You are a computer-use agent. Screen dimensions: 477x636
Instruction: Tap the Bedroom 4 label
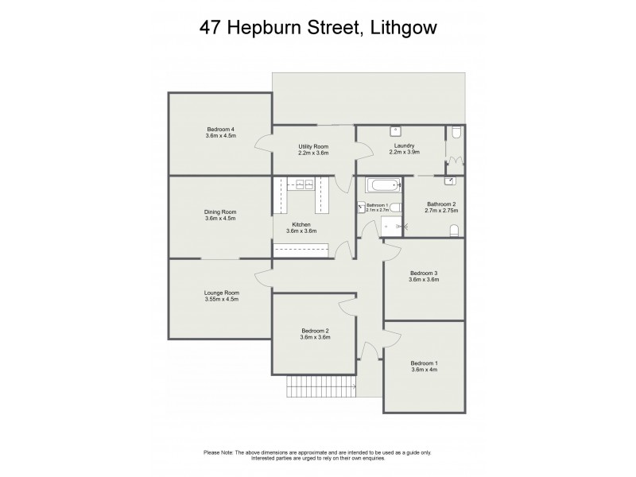click(220, 130)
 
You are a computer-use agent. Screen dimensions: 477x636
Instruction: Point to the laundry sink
click(395, 131)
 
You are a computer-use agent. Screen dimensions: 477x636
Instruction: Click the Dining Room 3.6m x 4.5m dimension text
click(220, 219)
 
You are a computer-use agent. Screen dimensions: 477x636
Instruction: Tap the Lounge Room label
click(221, 293)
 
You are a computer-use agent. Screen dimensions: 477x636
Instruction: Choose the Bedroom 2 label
click(315, 331)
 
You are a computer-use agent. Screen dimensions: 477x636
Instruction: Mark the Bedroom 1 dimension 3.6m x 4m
click(425, 370)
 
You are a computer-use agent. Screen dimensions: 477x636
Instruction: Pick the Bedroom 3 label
click(424, 273)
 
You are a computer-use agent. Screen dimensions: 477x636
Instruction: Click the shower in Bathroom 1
click(392, 227)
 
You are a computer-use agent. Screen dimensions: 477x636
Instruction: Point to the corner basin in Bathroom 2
click(450, 181)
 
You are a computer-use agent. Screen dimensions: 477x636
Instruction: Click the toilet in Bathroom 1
click(395, 207)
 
